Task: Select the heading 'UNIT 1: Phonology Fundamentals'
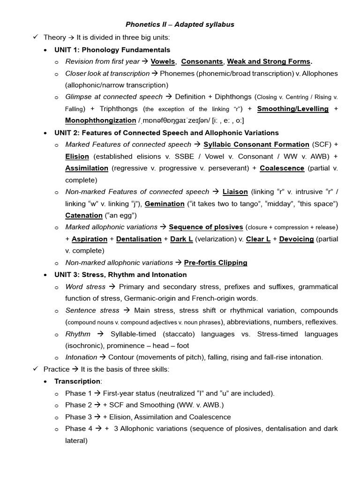click(x=112, y=50)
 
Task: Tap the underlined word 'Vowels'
click(x=163, y=61)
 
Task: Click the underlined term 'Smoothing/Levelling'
click(x=293, y=109)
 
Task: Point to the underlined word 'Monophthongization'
click(x=101, y=120)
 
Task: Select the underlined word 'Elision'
click(x=77, y=156)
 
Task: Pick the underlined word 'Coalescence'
click(x=282, y=168)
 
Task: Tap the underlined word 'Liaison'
click(x=235, y=192)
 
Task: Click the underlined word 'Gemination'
click(x=165, y=203)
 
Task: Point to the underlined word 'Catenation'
click(x=84, y=215)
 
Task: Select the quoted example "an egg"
click(x=120, y=215)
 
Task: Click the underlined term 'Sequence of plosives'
click(x=206, y=227)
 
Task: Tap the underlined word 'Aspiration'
click(x=90, y=239)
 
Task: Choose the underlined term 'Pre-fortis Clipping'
click(x=216, y=262)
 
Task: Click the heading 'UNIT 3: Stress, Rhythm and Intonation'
click(x=120, y=275)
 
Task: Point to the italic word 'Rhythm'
click(x=78, y=334)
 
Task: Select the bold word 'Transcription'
click(x=77, y=381)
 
